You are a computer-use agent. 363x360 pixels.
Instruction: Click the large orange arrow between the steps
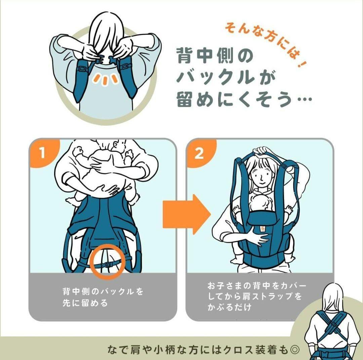[x=186, y=214]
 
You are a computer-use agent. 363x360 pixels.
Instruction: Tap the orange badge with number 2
[x=199, y=154]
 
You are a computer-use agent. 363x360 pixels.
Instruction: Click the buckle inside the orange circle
[x=108, y=264]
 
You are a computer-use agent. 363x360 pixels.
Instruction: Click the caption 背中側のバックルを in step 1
[x=103, y=291]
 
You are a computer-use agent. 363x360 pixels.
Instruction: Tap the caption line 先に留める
[x=85, y=302]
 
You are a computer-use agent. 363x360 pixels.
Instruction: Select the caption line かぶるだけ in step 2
[x=229, y=307]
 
